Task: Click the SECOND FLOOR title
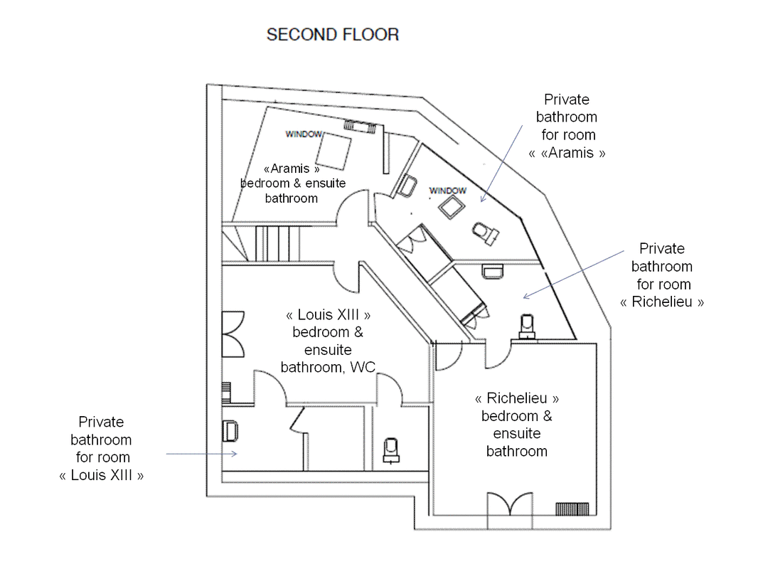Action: click(x=333, y=35)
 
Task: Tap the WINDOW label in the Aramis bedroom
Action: click(x=304, y=134)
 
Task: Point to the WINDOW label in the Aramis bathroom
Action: click(x=448, y=191)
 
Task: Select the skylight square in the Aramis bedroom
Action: click(x=333, y=151)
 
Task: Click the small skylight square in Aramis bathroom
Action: click(x=452, y=208)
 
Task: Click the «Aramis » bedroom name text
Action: click(x=292, y=169)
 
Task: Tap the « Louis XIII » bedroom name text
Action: click(x=329, y=314)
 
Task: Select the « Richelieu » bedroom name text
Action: click(x=517, y=398)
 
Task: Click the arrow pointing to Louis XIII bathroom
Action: click(x=201, y=454)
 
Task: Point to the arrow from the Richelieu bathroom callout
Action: click(x=574, y=274)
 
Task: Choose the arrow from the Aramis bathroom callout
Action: click(x=502, y=164)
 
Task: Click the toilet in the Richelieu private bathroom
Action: click(x=527, y=326)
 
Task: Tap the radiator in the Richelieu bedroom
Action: click(x=572, y=509)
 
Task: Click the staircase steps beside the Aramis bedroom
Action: click(x=277, y=244)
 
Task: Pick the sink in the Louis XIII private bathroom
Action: click(x=230, y=431)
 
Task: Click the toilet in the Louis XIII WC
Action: click(x=390, y=450)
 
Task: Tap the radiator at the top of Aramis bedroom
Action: click(x=360, y=127)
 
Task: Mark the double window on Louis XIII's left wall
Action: click(x=233, y=334)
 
